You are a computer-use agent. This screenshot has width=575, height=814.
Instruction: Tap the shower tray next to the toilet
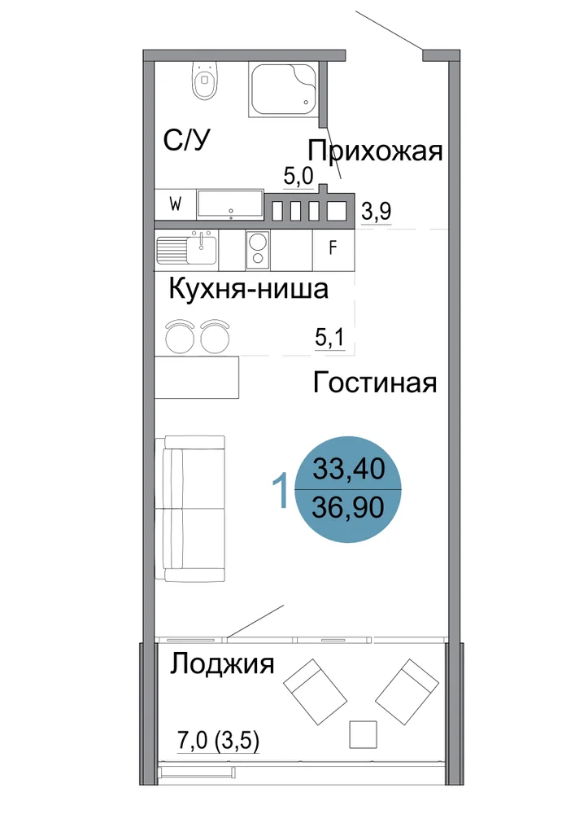pos(283,90)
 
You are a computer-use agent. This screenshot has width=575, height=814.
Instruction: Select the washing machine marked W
pos(175,204)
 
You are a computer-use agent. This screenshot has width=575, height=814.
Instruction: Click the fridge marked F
pos(333,249)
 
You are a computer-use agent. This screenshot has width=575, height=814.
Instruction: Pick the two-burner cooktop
pos(258,249)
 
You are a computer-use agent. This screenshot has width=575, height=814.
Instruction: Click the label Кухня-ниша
pos(248,289)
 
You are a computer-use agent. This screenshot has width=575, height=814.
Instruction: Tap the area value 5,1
pos(329,338)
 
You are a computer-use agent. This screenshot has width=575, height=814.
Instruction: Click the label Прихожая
pos(376,151)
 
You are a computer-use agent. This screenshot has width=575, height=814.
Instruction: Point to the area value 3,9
pos(376,212)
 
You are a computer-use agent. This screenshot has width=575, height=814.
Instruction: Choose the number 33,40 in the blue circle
pos(348,468)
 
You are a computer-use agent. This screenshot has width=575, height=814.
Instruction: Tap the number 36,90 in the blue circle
pos(348,506)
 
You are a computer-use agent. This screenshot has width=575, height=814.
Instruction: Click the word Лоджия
pos(222,664)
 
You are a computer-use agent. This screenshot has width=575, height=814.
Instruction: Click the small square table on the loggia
pos(363,734)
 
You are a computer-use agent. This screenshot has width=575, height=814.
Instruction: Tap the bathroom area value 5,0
pos(298,177)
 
